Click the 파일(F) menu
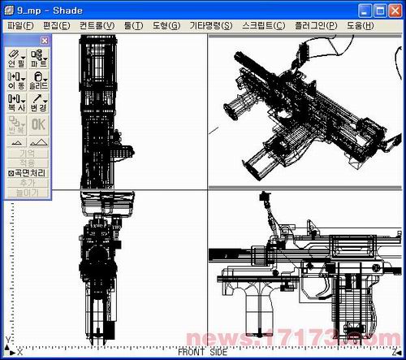(20, 25)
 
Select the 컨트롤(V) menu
(96, 25)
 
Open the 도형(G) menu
(166, 25)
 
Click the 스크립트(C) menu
(263, 25)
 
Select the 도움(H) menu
(360, 25)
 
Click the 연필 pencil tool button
(16, 58)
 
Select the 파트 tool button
(38, 58)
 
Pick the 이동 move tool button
(16, 80)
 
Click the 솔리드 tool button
(38, 80)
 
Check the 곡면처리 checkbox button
(27, 173)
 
